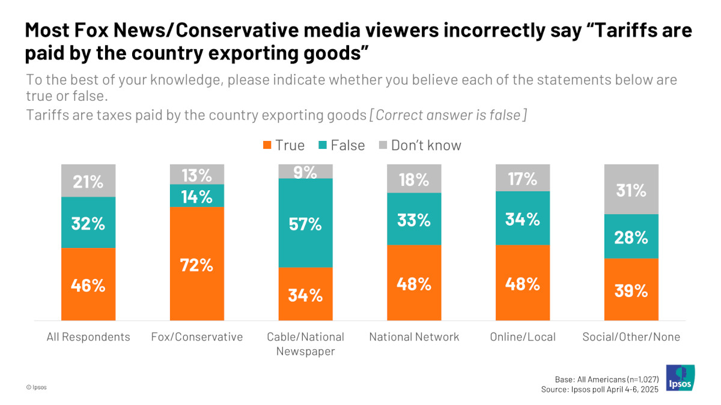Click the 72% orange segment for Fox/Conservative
pos(197,264)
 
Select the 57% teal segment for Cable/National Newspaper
pos(305,223)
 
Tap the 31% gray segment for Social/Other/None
pos(631,190)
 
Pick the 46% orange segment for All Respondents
pos(88,284)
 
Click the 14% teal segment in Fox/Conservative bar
pos(197,196)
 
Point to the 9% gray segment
pos(305,172)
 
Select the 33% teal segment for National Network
pos(414,219)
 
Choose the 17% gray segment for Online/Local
pos(523,178)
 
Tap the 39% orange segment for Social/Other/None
pos(631,290)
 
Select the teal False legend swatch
pos(322,145)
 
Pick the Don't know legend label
pos(426,145)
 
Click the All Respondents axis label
pos(88,337)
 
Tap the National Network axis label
pos(414,337)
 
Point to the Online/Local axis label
pos(523,337)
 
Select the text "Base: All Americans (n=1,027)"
pos(607,379)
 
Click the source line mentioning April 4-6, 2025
pos(600,389)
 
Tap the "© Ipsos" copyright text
pos(37,388)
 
